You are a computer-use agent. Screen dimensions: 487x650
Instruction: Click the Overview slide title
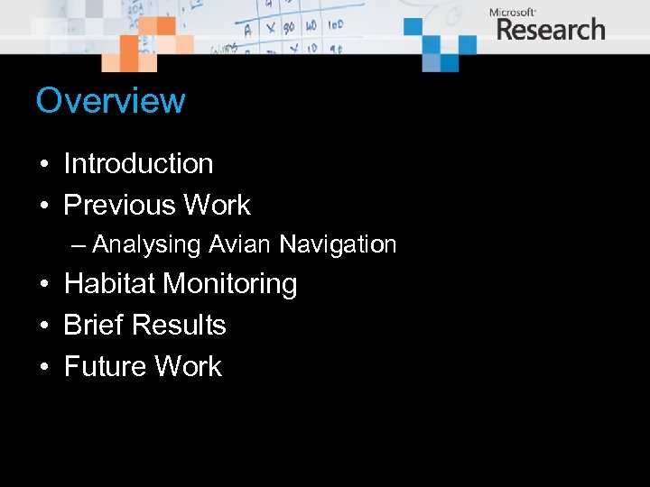point(110,100)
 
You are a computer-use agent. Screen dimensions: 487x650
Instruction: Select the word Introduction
point(138,163)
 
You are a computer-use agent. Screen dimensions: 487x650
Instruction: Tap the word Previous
point(120,205)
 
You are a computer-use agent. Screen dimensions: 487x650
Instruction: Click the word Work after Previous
point(217,205)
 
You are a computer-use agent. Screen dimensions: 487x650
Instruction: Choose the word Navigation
point(338,244)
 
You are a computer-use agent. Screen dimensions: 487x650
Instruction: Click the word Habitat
point(110,284)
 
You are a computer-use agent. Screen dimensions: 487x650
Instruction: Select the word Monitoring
point(230,284)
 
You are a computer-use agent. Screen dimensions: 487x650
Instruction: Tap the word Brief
point(94,325)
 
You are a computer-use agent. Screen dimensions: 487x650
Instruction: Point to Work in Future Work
point(188,366)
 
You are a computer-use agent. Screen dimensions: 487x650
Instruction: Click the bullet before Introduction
point(42,165)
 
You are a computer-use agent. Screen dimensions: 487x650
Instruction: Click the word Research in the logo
point(551,29)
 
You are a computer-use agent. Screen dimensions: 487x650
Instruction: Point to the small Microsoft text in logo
point(513,12)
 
